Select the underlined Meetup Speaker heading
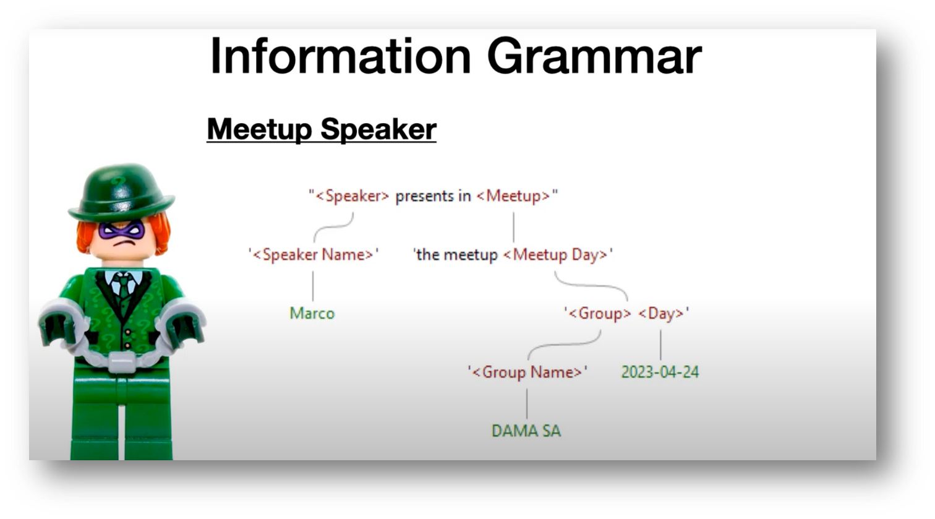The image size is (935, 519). (x=322, y=129)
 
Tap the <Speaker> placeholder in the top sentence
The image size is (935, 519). (x=352, y=196)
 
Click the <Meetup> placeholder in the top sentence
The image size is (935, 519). (x=513, y=196)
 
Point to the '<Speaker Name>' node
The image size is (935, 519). (x=314, y=255)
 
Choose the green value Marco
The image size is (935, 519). (x=312, y=313)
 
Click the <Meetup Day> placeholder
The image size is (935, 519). (x=555, y=255)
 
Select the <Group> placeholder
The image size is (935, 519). (x=599, y=313)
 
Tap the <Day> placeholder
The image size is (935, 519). (x=661, y=313)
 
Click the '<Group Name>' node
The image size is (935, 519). (x=527, y=372)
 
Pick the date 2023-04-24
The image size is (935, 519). (x=660, y=372)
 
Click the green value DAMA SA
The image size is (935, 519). (x=526, y=431)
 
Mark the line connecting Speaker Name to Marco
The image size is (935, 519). (x=313, y=286)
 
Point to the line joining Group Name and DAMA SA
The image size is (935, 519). (x=527, y=404)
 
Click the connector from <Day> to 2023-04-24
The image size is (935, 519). (x=660, y=345)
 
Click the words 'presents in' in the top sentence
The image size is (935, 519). (x=433, y=196)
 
